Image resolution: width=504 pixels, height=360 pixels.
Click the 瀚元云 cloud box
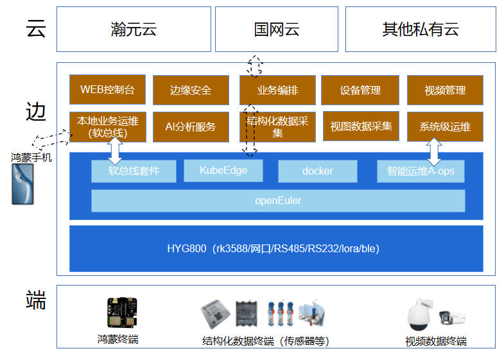point(134,30)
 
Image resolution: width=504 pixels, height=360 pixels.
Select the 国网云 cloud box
point(276,30)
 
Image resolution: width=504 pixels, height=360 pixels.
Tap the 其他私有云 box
point(421,30)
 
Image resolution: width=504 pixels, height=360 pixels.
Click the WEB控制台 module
point(107,90)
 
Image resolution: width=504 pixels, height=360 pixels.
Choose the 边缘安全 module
point(191,90)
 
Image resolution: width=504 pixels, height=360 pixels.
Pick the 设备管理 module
point(360,90)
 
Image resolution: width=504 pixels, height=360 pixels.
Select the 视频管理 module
point(445,90)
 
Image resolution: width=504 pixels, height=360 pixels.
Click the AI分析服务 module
point(191,126)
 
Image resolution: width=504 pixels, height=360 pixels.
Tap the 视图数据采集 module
point(360,126)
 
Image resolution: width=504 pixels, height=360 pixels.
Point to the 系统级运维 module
point(445,126)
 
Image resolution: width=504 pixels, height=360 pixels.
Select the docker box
point(317,171)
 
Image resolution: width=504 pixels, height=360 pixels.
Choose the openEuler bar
point(278,200)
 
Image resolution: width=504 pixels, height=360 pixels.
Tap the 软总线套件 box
point(134,171)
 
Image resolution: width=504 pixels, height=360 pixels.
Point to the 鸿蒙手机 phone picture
point(22,184)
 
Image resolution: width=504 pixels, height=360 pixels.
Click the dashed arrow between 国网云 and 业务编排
point(256,66)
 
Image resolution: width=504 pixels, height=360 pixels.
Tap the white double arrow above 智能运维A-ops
point(434,151)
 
